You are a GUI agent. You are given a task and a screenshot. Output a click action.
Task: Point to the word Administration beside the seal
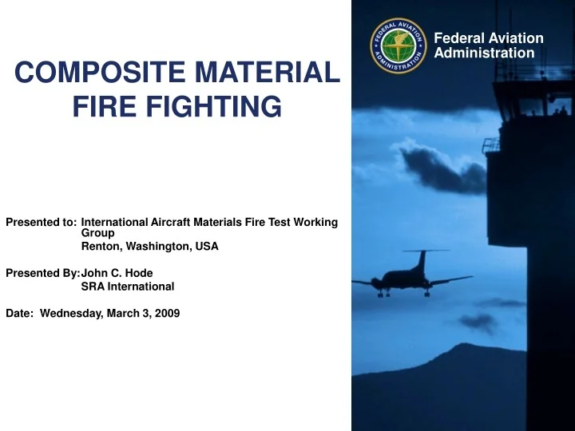pos(485,53)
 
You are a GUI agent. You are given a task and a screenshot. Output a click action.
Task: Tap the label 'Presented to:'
pos(41,222)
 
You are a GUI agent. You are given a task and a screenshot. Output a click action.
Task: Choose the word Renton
pos(100,247)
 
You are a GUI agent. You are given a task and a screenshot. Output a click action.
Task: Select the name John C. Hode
pos(117,273)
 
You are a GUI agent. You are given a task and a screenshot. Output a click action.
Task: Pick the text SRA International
pos(128,286)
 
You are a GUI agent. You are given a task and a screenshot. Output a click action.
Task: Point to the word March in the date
pos(122,313)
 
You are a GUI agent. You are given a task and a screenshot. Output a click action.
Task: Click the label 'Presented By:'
pos(42,273)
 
